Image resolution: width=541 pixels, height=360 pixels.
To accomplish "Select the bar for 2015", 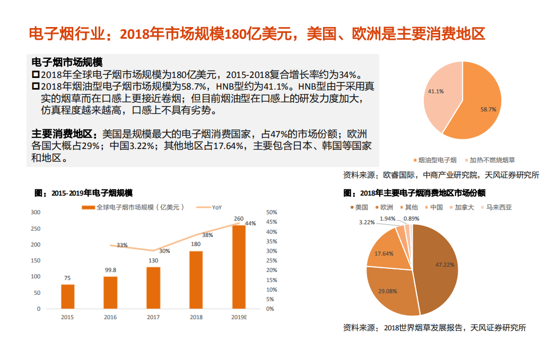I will click(x=68, y=296).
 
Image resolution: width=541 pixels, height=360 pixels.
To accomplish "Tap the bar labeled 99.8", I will click(x=110, y=292).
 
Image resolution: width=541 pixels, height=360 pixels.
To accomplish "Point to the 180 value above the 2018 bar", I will click(x=196, y=244).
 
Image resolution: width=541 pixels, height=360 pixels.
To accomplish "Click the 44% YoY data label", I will click(x=250, y=223).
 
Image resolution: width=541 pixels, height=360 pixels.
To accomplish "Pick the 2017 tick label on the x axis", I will click(x=153, y=317).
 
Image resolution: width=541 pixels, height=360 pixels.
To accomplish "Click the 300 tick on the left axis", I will click(x=36, y=212).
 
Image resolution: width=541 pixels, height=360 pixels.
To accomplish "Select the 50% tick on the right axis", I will click(x=270, y=212).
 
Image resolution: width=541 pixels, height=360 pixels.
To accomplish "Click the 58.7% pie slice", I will click(x=480, y=106).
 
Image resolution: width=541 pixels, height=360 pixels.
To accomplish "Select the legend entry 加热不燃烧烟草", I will click(x=492, y=160).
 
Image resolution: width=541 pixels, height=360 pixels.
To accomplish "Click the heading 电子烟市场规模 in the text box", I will click(x=67, y=62).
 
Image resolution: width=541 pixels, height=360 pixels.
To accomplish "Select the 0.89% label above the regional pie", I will click(x=411, y=218).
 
